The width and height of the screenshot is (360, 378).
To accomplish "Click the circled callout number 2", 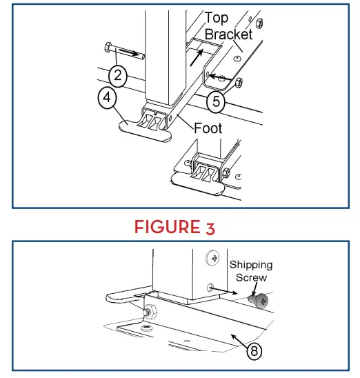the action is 118,76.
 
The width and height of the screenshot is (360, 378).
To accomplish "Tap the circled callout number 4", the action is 107,98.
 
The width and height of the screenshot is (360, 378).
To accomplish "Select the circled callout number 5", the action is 216,101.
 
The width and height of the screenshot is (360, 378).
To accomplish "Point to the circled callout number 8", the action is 254,351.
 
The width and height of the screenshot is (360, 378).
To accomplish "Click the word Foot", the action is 208,128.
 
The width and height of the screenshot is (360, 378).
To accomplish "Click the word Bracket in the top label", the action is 228,34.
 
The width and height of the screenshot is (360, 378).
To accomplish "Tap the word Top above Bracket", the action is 217,19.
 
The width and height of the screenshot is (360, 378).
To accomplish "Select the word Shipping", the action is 251,265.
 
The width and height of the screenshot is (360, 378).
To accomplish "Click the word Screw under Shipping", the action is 251,278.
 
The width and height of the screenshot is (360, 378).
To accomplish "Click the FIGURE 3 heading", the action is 174,227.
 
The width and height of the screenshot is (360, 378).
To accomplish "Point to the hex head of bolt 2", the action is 108,48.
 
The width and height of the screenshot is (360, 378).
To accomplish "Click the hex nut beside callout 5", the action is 239,83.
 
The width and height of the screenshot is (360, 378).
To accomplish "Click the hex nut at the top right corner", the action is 259,23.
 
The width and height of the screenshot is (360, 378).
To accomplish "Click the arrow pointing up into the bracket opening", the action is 197,57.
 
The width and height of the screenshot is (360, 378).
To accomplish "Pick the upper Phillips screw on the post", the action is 212,258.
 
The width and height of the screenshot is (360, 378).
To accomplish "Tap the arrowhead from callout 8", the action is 234,337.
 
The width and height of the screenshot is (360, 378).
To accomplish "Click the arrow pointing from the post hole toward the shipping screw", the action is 223,290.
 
